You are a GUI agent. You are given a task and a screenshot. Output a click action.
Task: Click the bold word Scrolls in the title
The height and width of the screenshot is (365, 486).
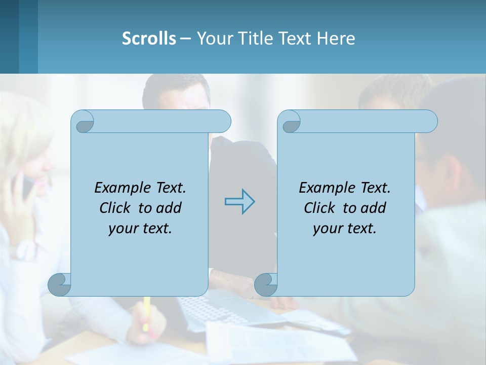(x=149, y=39)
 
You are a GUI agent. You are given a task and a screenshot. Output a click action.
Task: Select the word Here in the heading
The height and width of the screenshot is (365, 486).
(x=336, y=39)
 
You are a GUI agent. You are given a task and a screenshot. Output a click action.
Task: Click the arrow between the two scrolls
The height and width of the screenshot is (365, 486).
(x=239, y=202)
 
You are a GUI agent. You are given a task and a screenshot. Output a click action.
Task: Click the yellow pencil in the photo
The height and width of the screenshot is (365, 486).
(x=146, y=311)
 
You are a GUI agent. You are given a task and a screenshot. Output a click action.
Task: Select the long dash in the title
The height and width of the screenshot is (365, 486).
(x=185, y=39)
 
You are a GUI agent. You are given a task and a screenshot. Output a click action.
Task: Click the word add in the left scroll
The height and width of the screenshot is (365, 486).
(x=169, y=208)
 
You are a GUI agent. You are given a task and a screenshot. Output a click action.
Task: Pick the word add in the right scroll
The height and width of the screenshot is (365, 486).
(x=373, y=208)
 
